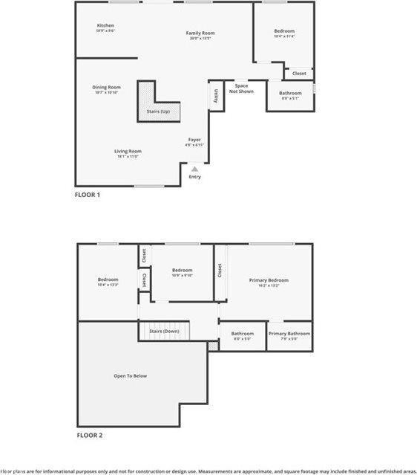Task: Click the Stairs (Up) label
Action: tap(158, 112)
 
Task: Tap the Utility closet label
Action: tap(216, 96)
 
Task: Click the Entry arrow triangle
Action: tap(195, 169)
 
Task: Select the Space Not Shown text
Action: tap(241, 88)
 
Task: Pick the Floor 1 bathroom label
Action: tap(290, 94)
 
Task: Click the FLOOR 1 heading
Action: tap(88, 195)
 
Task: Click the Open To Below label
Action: tap(130, 376)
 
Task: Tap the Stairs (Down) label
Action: tap(164, 331)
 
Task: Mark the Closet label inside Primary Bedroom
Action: tap(220, 271)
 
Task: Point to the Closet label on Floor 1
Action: tap(299, 74)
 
